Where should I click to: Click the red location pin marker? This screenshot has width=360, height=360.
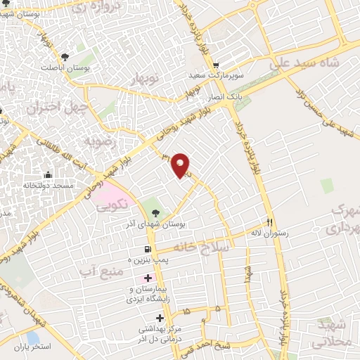[182, 165]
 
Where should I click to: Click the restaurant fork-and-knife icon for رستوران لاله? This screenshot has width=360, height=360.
[269, 219]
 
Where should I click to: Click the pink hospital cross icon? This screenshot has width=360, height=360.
[147, 278]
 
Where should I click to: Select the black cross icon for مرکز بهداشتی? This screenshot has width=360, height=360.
[161, 319]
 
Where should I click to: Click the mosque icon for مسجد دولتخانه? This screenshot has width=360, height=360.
[49, 174]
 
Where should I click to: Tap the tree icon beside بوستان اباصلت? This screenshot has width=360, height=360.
[65, 56]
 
